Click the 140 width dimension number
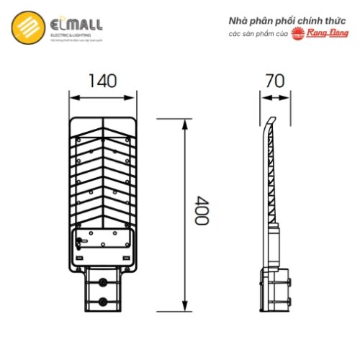pyautogui.click(x=104, y=81)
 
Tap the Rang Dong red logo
pyautogui.click(x=318, y=34)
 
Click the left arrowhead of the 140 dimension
pyautogui.click(x=72, y=94)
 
